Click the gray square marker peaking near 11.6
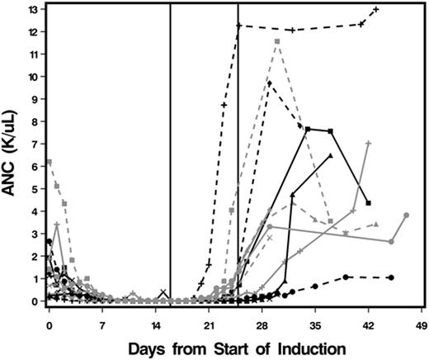(278, 40)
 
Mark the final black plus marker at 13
(376, 9)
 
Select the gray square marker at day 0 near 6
(49, 162)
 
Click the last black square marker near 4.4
(368, 202)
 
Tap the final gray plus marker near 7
(368, 144)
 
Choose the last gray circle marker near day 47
(406, 216)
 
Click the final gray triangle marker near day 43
(375, 224)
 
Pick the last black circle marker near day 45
(390, 277)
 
